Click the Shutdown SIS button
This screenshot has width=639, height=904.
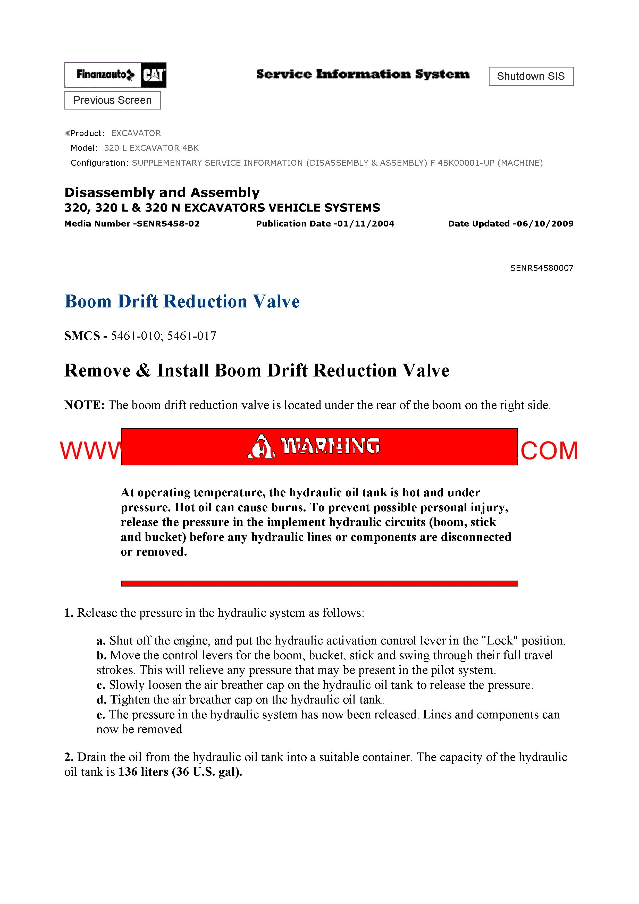pos(531,76)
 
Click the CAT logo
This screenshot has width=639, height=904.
pos(154,75)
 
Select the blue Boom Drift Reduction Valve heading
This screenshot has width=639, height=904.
pos(182,302)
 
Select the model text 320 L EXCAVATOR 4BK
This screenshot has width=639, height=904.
pos(151,148)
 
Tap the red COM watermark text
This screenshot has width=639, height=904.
pos(549,451)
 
